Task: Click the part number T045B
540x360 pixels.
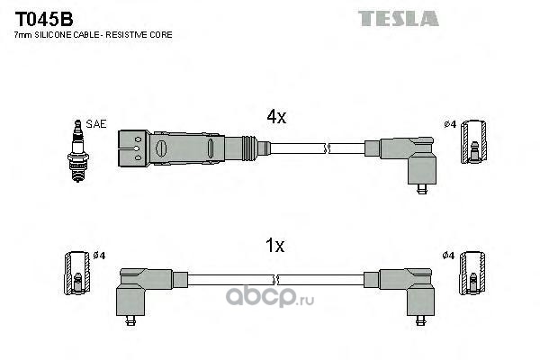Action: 44,19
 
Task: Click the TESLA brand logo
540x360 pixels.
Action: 399,19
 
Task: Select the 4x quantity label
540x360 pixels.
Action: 276,117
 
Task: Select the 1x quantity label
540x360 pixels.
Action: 274,246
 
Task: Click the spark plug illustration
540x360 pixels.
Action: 77,151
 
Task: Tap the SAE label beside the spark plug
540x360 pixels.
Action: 96,124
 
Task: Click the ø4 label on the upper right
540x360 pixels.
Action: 450,124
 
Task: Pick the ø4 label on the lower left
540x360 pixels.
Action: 99,256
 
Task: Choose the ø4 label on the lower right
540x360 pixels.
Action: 448,256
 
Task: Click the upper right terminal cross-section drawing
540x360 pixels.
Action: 474,142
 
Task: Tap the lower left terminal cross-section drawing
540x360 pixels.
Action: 77,274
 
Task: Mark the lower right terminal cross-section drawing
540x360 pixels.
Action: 472,274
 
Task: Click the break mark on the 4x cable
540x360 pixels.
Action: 328,148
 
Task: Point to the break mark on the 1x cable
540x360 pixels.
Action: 275,280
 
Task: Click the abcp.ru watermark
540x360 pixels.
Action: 270,296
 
